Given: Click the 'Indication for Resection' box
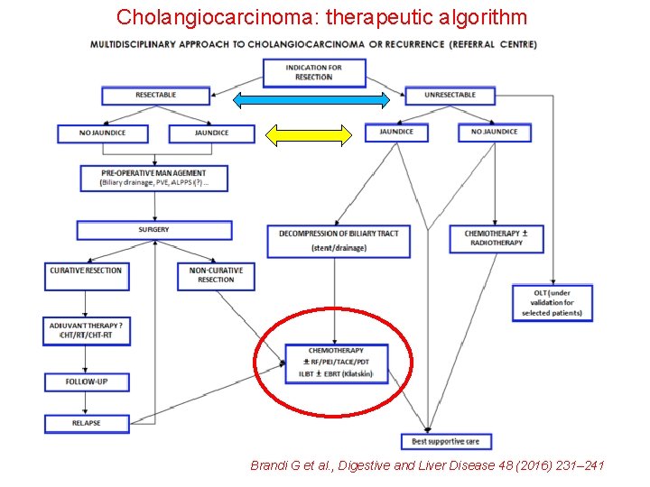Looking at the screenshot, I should click(x=313, y=72).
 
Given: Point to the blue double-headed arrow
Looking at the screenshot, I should click(x=311, y=99).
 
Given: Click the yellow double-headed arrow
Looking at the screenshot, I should click(x=308, y=135).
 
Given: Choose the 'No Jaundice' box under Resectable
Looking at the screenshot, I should click(x=102, y=133).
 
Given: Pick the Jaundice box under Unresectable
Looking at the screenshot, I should click(x=396, y=132).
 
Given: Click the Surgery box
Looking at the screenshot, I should click(x=153, y=230).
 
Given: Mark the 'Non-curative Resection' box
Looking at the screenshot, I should click(x=216, y=275).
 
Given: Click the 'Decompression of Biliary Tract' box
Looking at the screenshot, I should click(x=339, y=240).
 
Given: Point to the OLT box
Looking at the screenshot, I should click(x=552, y=303).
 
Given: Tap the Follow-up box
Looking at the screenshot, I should click(x=86, y=381).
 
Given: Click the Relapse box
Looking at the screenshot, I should click(x=86, y=422).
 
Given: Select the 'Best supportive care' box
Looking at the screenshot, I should click(x=446, y=441).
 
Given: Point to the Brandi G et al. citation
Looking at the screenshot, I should click(x=427, y=465).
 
